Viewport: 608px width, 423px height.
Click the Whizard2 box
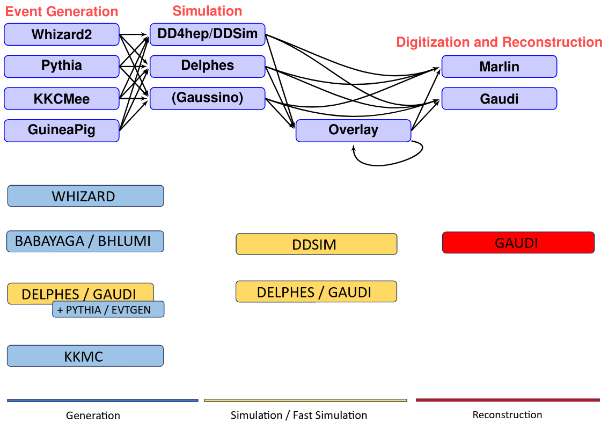(61, 34)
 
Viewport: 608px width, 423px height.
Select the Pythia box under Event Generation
(61, 66)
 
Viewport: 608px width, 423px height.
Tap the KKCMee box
(61, 99)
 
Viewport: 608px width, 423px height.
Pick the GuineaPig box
(61, 130)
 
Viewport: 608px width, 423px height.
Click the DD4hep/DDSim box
(207, 34)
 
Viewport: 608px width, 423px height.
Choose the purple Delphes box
(207, 66)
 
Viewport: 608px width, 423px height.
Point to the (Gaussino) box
(207, 98)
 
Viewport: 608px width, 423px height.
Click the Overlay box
(353, 130)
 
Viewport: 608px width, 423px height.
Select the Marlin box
(499, 67)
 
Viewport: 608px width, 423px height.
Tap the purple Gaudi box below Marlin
(499, 99)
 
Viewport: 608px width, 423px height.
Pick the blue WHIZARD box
(85, 196)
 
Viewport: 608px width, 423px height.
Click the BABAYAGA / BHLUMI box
(85, 241)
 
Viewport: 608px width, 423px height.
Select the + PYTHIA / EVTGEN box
(108, 310)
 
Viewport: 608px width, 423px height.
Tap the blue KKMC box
(85, 356)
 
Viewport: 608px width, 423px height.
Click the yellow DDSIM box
(316, 244)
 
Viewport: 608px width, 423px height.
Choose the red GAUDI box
(518, 243)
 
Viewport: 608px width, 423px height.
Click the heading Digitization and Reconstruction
(499, 42)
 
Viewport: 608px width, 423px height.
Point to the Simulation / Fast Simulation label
(299, 415)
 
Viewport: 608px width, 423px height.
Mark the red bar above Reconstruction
(508, 400)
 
